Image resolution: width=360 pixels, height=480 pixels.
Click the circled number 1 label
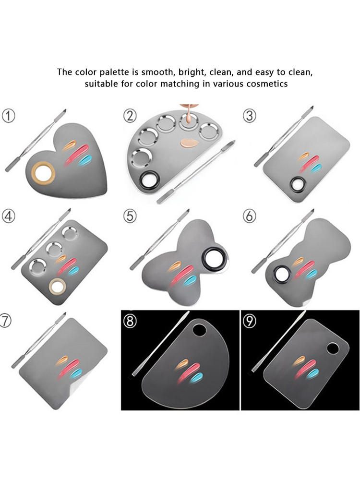(9, 116)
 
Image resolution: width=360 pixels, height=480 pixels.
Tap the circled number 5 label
(130, 216)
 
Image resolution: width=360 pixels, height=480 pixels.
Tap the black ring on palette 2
(147, 181)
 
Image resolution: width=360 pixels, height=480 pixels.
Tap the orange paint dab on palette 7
(63, 359)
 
